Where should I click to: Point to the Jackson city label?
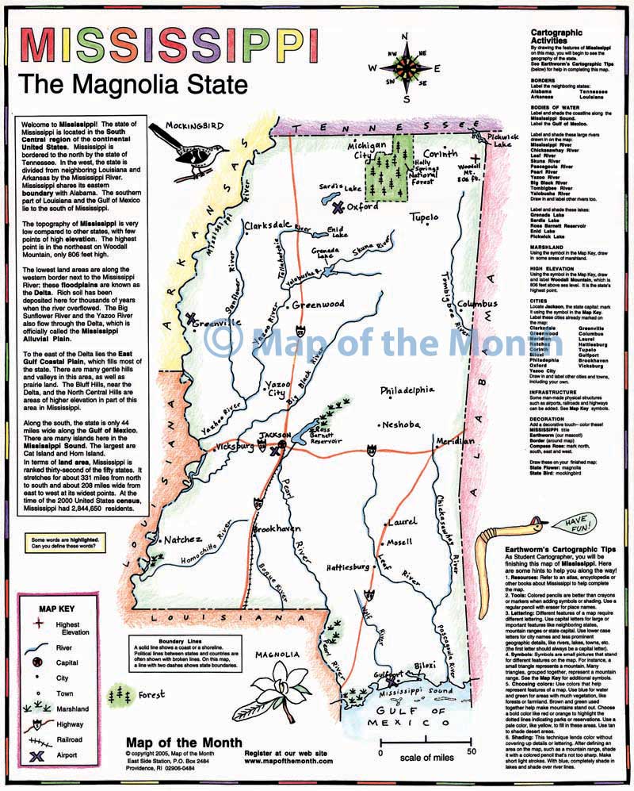tap(277, 436)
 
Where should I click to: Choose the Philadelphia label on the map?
tap(407, 390)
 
